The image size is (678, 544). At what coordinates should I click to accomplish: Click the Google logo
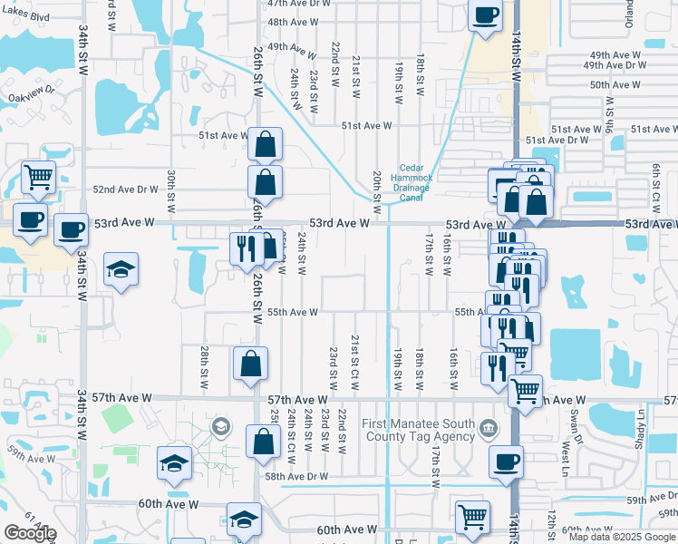29,533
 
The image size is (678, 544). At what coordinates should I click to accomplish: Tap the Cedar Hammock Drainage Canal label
412,182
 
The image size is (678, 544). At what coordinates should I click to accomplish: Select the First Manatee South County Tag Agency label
419,430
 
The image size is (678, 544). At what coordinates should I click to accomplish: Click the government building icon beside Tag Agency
488,427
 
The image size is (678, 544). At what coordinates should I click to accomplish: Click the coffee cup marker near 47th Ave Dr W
485,16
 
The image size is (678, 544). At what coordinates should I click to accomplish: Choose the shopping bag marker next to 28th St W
250,364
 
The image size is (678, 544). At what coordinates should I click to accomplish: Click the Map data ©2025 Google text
620,537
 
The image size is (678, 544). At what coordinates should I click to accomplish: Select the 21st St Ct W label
355,362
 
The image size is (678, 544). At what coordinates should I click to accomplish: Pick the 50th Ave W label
615,84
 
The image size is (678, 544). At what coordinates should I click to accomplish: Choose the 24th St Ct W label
292,430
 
